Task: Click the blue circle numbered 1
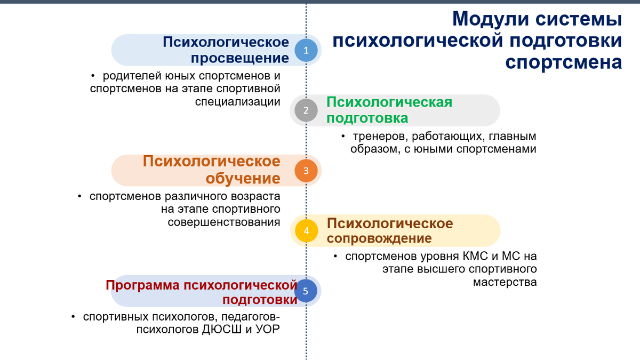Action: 306,50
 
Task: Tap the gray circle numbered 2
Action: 306,110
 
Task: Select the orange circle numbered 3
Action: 306,171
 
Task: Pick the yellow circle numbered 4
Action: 306,230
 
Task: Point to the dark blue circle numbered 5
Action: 306,291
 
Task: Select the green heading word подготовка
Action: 367,118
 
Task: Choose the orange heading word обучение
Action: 236,178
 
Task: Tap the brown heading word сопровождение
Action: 379,238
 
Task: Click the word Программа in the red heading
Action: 142,285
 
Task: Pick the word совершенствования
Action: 224,222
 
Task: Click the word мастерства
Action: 505,282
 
